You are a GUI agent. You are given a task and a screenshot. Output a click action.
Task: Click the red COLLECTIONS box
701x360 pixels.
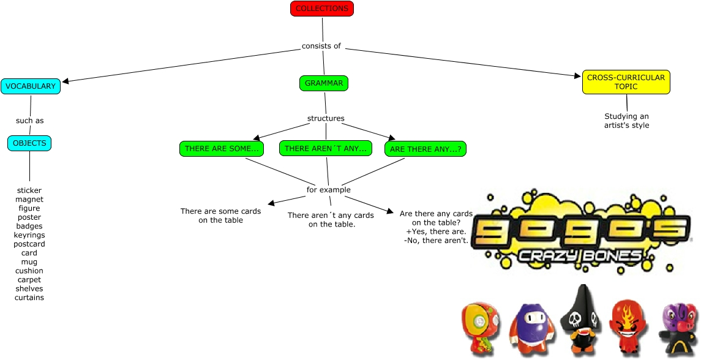tap(322, 9)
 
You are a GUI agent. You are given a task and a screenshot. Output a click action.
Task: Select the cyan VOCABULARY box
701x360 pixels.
tap(31, 86)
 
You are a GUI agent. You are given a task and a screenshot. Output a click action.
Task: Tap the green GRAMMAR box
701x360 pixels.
tap(324, 83)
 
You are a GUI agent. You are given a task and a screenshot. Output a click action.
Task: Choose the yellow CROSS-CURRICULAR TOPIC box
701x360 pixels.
tap(626, 82)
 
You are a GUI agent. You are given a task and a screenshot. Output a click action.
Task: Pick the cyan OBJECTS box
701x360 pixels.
tap(29, 143)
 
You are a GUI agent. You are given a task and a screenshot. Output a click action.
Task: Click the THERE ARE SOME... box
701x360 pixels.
tap(224, 149)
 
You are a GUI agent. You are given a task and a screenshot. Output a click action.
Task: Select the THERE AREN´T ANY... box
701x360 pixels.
tap(325, 149)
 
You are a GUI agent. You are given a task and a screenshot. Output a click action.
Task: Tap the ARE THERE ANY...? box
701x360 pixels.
tap(425, 149)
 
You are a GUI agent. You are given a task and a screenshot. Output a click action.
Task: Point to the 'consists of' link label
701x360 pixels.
tap(321, 46)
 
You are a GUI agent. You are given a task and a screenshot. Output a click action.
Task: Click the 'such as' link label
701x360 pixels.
tap(30, 121)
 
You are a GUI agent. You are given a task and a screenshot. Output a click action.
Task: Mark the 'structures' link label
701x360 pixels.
tap(326, 118)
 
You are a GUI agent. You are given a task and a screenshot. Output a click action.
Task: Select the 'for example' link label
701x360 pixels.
tap(329, 190)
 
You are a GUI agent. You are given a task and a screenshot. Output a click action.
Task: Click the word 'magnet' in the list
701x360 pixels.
tap(29, 200)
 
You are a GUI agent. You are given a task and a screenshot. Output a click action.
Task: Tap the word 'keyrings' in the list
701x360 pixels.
tap(29, 235)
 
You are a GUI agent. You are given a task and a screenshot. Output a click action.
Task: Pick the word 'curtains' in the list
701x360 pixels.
tap(29, 298)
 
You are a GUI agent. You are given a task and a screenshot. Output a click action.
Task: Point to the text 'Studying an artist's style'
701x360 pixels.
tap(626, 121)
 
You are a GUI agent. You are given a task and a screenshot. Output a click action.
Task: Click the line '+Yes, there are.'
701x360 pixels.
tap(436, 232)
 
